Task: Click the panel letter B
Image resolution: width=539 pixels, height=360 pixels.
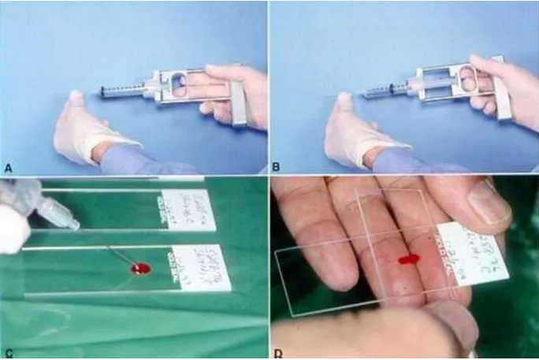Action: pos(277,166)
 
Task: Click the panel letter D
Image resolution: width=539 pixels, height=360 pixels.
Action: pos(278,352)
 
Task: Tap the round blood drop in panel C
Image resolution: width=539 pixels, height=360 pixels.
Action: pos(139,269)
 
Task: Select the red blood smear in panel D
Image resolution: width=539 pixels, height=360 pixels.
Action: pos(409,259)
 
